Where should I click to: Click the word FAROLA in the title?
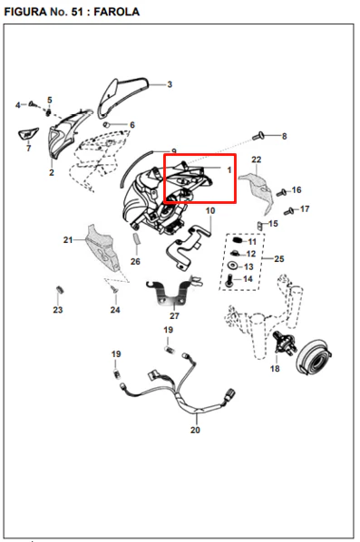coord(117,12)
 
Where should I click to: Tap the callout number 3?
coord(170,84)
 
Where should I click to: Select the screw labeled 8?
coord(258,136)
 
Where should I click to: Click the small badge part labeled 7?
coord(28,133)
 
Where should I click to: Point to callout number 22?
coord(257,160)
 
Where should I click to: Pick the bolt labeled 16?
coord(281,192)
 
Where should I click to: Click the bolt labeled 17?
coord(288,211)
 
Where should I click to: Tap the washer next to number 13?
coord(233,266)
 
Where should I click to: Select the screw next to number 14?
coord(229,281)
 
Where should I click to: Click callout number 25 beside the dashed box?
coord(279,258)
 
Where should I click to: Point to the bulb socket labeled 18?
coord(284,341)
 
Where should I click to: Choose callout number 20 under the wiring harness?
coord(195,430)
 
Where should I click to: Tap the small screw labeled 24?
coord(112,289)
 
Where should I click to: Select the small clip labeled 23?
coord(60,290)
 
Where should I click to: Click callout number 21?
coord(68,239)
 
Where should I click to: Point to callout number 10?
coord(210,210)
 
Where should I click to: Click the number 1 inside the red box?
coord(229,170)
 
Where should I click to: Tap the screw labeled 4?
coord(32,103)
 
